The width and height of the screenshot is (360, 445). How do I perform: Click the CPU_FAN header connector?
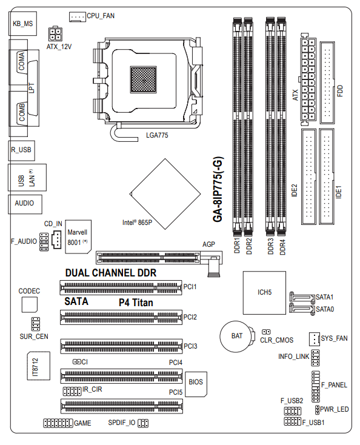pos(77,17)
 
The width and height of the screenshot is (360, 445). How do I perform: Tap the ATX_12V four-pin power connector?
pos(55,34)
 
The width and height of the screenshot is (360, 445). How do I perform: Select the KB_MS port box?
pos(22,24)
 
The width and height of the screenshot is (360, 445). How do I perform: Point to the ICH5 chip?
pos(264,293)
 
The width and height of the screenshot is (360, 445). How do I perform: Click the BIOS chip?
pos(196,384)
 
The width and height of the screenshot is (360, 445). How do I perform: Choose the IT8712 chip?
pos(39,366)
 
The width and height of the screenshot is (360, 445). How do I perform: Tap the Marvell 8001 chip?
pos(78,236)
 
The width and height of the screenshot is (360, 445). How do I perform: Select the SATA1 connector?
pos(302,297)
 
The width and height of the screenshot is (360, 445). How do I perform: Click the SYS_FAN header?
pos(315,338)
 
